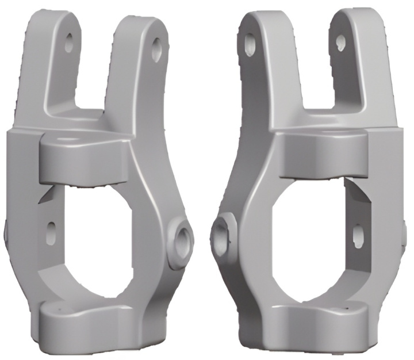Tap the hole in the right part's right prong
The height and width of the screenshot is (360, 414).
(x=340, y=41)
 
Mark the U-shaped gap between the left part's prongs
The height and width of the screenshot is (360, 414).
(x=94, y=69)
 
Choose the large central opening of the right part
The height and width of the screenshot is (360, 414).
(x=311, y=236)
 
